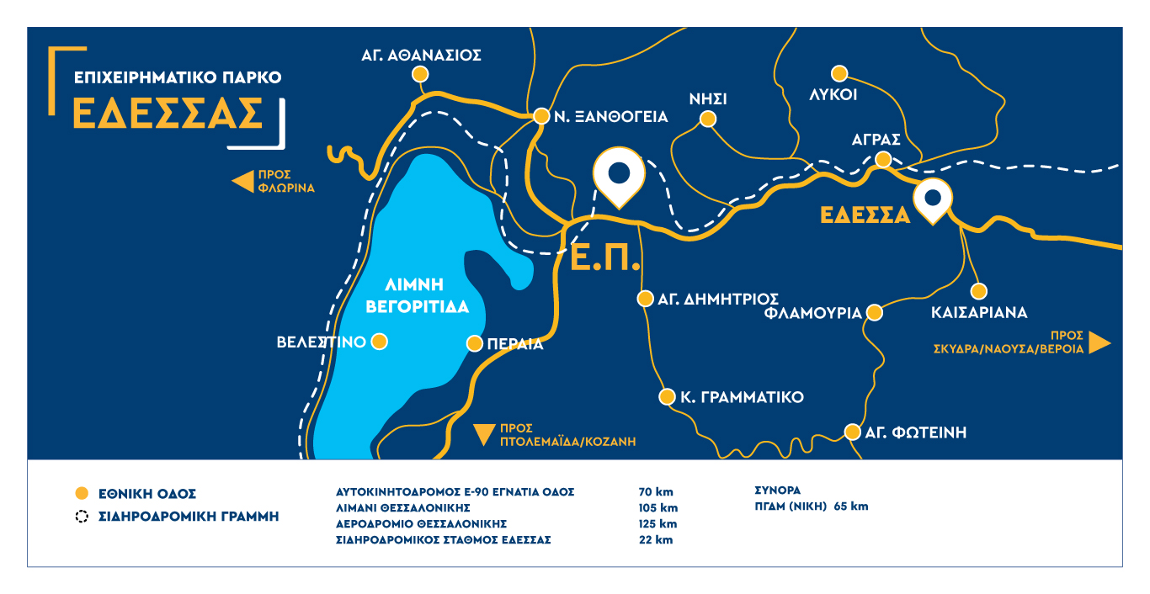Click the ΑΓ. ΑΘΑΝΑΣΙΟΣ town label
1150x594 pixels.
tap(421, 56)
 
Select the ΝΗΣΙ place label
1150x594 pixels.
tap(707, 98)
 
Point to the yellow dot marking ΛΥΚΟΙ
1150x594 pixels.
tap(839, 73)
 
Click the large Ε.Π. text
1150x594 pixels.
tap(604, 257)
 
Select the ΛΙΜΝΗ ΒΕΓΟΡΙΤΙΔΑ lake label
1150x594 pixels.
tap(416, 294)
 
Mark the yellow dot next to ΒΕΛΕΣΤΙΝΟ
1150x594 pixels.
tap(380, 342)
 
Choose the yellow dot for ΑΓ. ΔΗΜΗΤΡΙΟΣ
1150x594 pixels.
tap(645, 299)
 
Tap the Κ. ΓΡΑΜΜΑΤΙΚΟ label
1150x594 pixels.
tap(742, 397)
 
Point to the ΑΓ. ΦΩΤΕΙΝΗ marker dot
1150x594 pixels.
tap(852, 432)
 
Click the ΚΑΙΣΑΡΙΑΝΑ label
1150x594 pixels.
tap(979, 313)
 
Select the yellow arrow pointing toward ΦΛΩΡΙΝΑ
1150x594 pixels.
tap(243, 181)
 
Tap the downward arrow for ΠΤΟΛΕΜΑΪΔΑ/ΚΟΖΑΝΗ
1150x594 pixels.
tap(483, 433)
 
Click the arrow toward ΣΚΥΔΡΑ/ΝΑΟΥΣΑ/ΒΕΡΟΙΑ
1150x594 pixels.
tap(1099, 342)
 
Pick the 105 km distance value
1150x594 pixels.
tap(658, 508)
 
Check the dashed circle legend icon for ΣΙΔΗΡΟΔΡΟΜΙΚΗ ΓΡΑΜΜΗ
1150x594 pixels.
tap(82, 517)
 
